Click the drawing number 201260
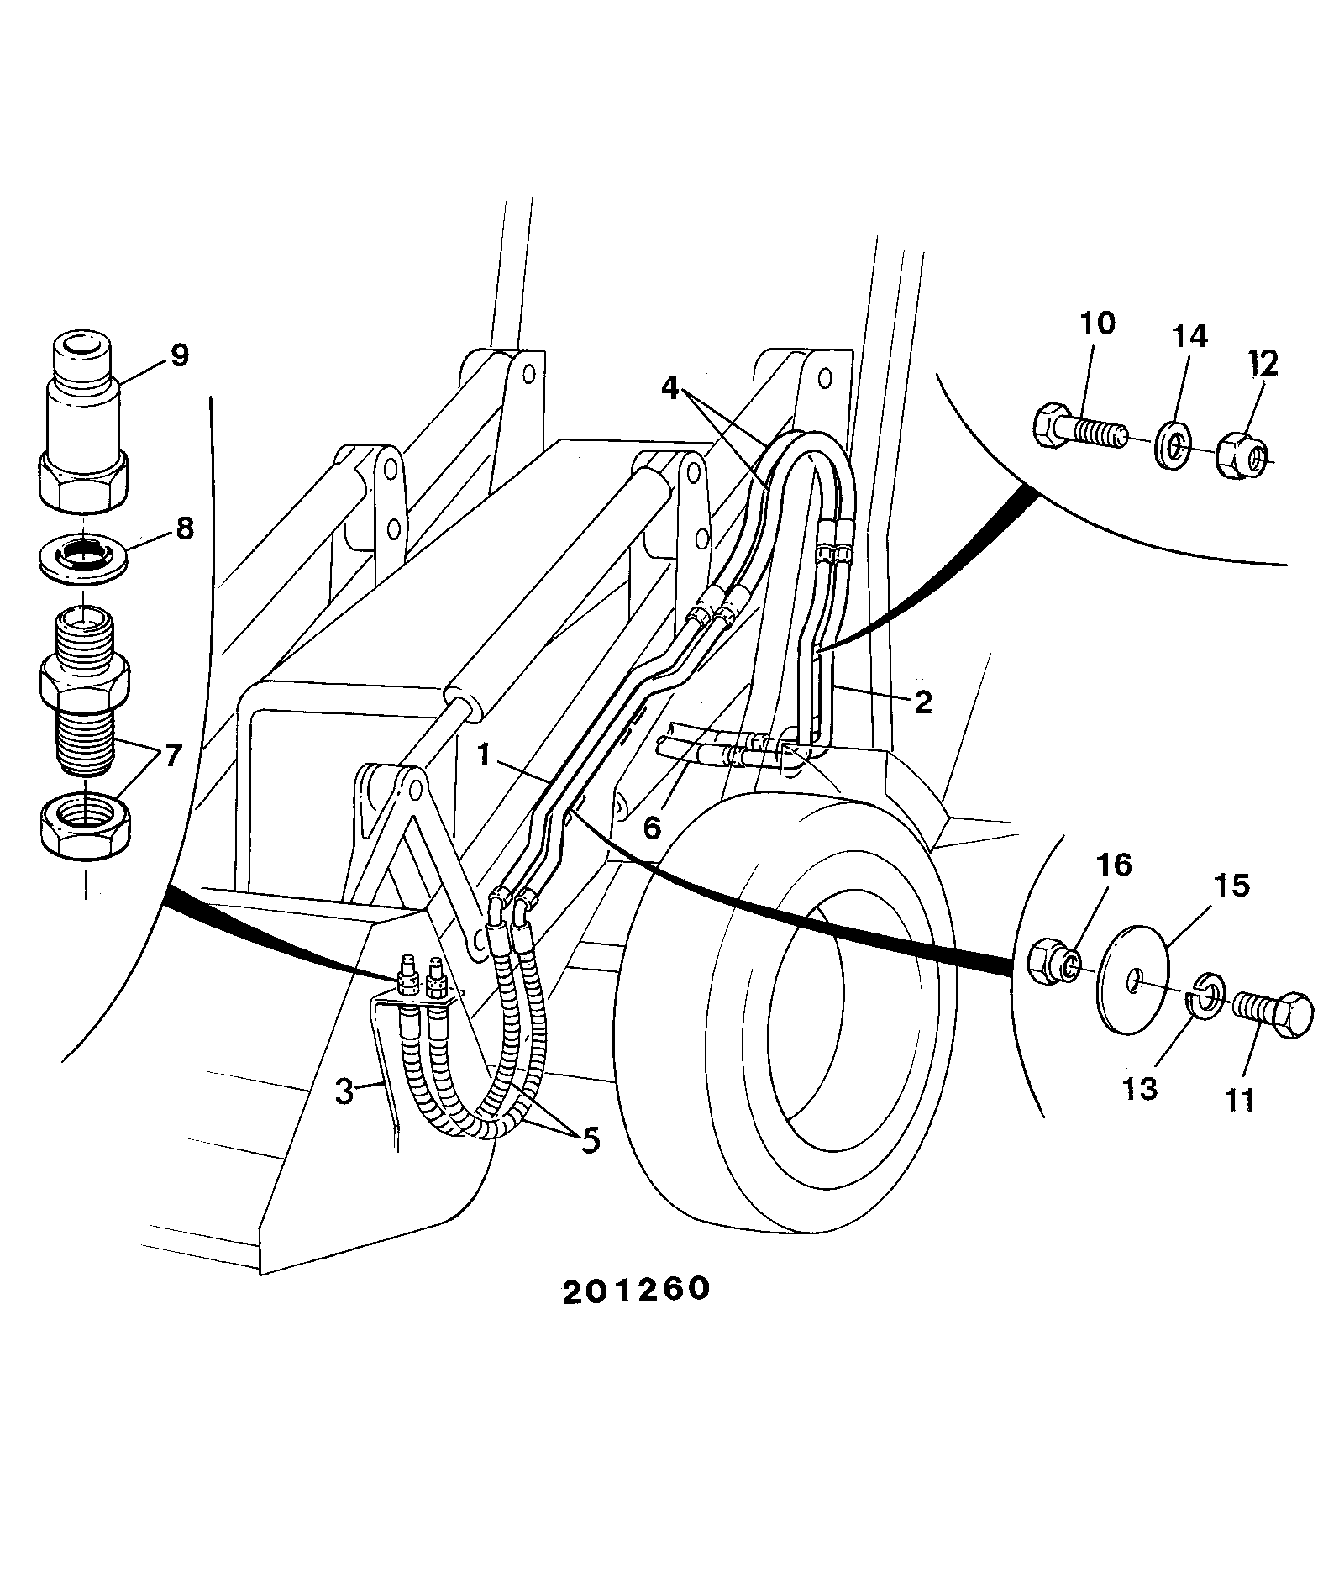click(636, 1313)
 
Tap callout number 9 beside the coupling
click(179, 355)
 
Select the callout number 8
click(185, 528)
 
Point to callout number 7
click(172, 755)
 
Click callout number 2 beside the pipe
click(922, 702)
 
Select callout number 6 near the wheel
click(652, 827)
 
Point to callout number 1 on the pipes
click(484, 755)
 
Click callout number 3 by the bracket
click(344, 1091)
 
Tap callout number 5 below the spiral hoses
click(591, 1139)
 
